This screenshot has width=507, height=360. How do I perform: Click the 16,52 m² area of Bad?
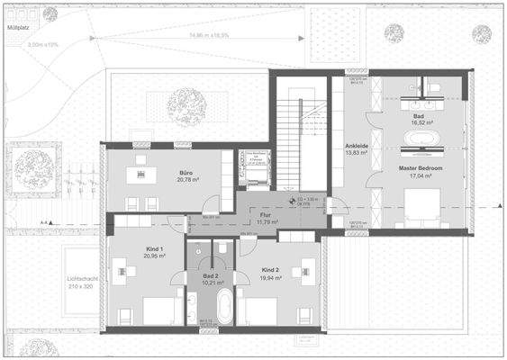[419, 124]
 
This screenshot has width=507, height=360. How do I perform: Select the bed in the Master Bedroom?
[421, 211]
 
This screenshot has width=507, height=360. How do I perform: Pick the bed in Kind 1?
[160, 310]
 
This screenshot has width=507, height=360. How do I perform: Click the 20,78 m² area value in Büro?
[187, 180]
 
